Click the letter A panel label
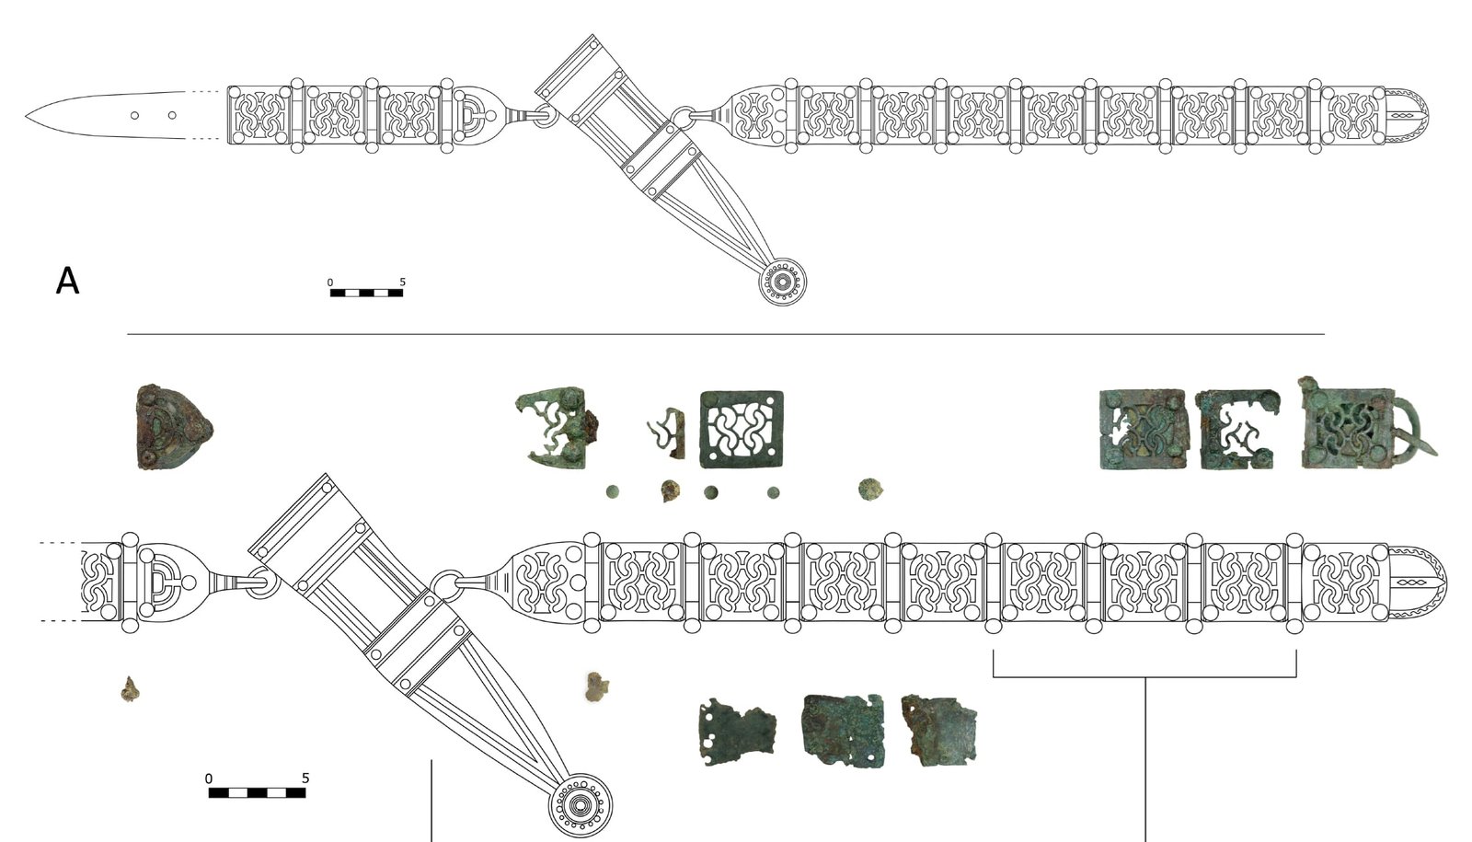click(x=67, y=282)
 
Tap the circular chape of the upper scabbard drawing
click(x=782, y=282)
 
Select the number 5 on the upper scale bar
click(x=403, y=282)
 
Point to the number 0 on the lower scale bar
click(x=208, y=779)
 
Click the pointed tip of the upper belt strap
click(x=27, y=116)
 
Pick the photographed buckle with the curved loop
click(x=1367, y=424)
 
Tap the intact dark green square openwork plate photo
click(x=742, y=429)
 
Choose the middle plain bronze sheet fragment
click(x=843, y=731)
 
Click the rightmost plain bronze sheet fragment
click(x=938, y=731)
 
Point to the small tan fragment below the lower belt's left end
click(x=130, y=689)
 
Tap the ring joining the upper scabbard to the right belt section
click(x=684, y=117)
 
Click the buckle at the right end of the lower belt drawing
click(x=1418, y=583)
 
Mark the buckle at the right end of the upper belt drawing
click(x=1408, y=116)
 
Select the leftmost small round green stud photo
click(x=613, y=491)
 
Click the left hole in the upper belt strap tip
click(x=134, y=116)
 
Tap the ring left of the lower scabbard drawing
click(x=263, y=582)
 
